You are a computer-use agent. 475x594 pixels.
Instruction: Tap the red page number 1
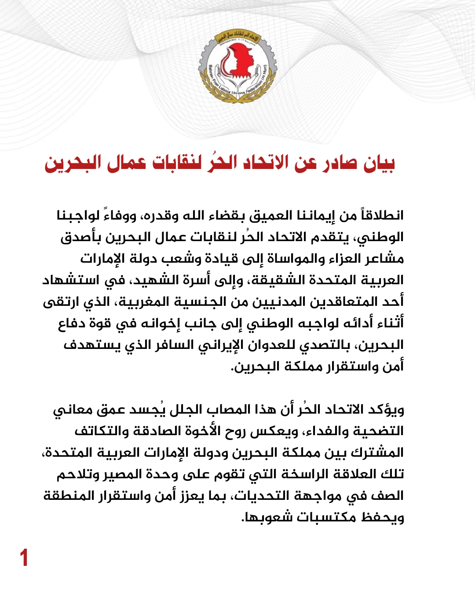click(x=24, y=558)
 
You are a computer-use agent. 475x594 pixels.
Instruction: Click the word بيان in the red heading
click(x=380, y=163)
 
